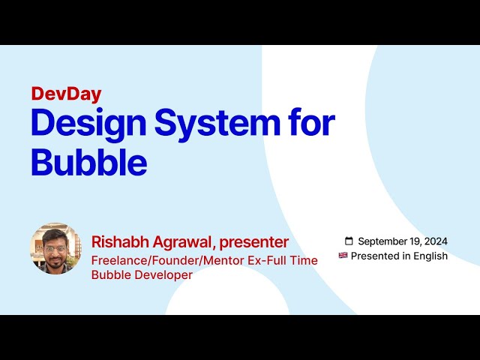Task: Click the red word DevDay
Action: click(x=66, y=94)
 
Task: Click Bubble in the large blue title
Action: click(x=88, y=161)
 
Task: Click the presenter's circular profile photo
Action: click(x=55, y=248)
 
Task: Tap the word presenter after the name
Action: click(x=253, y=242)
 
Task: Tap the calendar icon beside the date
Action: click(x=349, y=241)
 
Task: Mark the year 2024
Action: click(x=436, y=241)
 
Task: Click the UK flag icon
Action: click(x=343, y=256)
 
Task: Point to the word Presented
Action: click(x=376, y=256)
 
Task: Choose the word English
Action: click(x=431, y=256)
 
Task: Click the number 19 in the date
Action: click(x=416, y=241)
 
